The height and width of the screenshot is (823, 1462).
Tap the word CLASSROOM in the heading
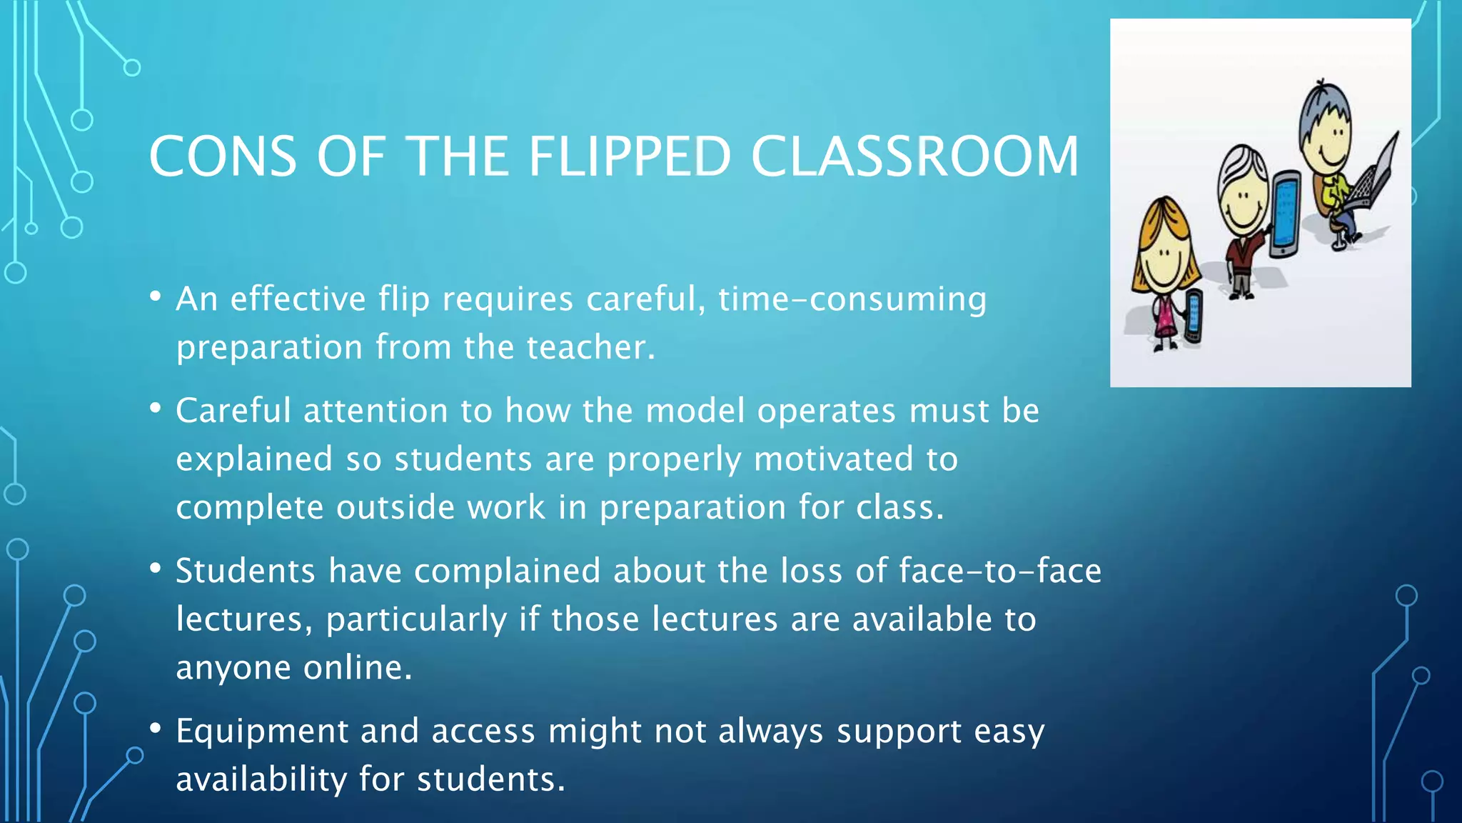[914, 156]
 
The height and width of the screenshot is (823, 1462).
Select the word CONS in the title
[222, 156]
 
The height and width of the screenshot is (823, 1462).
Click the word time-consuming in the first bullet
[852, 299]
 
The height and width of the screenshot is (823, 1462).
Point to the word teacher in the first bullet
[590, 347]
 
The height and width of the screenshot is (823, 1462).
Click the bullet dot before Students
[156, 569]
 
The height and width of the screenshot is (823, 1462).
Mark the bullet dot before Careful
[156, 409]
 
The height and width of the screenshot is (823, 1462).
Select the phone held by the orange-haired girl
[1193, 315]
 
